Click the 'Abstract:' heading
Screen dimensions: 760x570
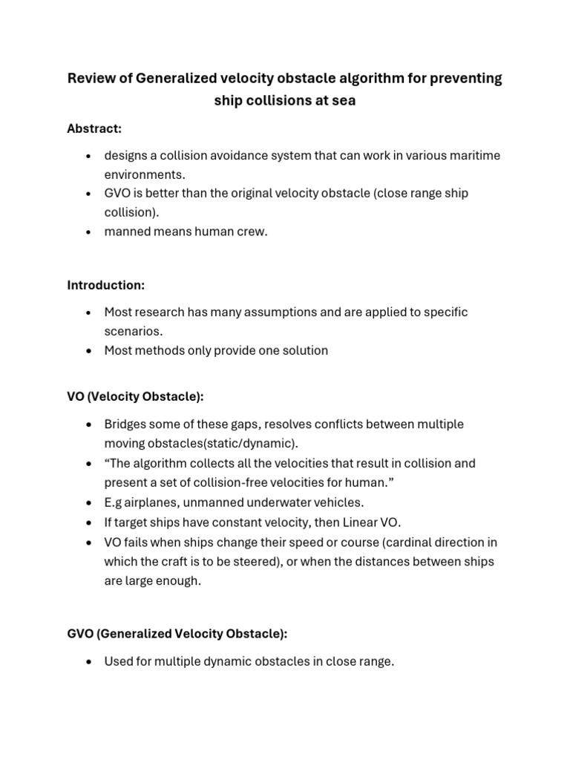pos(94,129)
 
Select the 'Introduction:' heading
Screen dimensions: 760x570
pos(105,285)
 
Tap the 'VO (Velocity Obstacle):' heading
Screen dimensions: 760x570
pos(135,397)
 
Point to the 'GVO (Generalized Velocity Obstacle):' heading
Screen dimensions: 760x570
pos(177,634)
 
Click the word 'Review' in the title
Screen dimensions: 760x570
pos(91,79)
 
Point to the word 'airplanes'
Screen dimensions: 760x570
pos(160,502)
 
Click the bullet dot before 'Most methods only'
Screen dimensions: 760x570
pos(90,351)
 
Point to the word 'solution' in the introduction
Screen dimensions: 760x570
pos(304,350)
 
